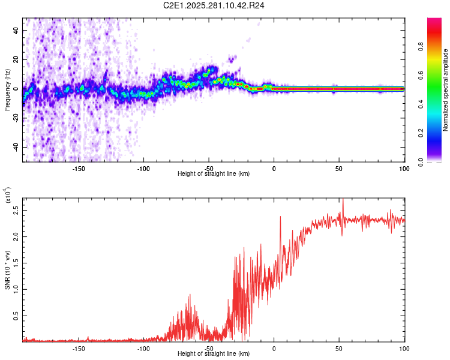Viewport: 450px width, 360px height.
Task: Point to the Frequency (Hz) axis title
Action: point(7,90)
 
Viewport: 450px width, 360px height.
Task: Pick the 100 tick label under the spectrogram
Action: point(403,168)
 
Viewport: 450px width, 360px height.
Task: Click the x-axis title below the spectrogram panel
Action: point(214,174)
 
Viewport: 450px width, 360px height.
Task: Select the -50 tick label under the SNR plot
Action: point(209,348)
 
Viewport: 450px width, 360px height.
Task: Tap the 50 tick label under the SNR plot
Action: point(339,348)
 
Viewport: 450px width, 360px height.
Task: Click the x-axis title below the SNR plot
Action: point(214,354)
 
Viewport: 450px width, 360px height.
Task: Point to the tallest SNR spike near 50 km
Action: point(343,202)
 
